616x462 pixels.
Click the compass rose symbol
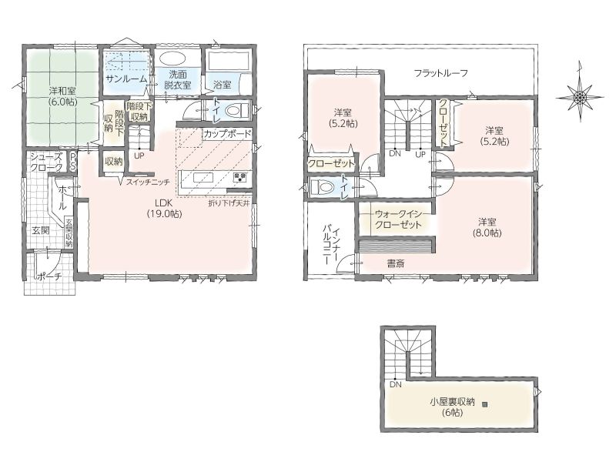coord(580,97)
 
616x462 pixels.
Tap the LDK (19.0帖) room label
coord(164,208)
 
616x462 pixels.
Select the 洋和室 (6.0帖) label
coord(63,95)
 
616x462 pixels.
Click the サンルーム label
coord(126,79)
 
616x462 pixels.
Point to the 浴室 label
coord(222,84)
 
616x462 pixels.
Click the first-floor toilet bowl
coord(237,109)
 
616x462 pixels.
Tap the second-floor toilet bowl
coord(322,187)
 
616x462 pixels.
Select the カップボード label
coord(227,133)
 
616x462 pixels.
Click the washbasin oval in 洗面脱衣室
coord(172,59)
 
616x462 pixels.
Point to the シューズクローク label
coord(47,162)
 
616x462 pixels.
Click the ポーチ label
coord(49,276)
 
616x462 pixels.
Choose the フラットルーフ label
coord(441,73)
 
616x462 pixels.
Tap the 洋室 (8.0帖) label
coord(487,227)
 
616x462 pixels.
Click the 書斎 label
coord(395,263)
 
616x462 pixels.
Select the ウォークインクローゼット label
coord(398,219)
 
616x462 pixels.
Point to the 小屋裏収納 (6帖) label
coord(452,407)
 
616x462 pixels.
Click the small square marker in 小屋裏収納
coord(484,403)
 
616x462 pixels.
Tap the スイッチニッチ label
coord(148,182)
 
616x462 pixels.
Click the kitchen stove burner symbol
coord(240,177)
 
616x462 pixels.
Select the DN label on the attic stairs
coord(396,384)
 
